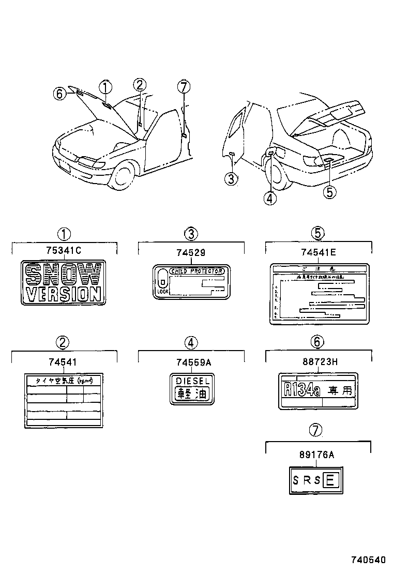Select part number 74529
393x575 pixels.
(191, 252)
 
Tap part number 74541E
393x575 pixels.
(319, 252)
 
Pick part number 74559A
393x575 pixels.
(191, 361)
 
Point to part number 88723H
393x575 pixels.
(319, 361)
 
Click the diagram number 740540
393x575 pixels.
(369, 560)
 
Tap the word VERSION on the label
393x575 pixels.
(63, 294)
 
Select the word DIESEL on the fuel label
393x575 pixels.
(191, 381)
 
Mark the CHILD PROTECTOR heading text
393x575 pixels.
(196, 271)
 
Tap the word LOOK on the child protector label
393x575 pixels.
(162, 292)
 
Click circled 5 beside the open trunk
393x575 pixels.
(330, 192)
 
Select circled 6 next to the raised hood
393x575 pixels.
(60, 94)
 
